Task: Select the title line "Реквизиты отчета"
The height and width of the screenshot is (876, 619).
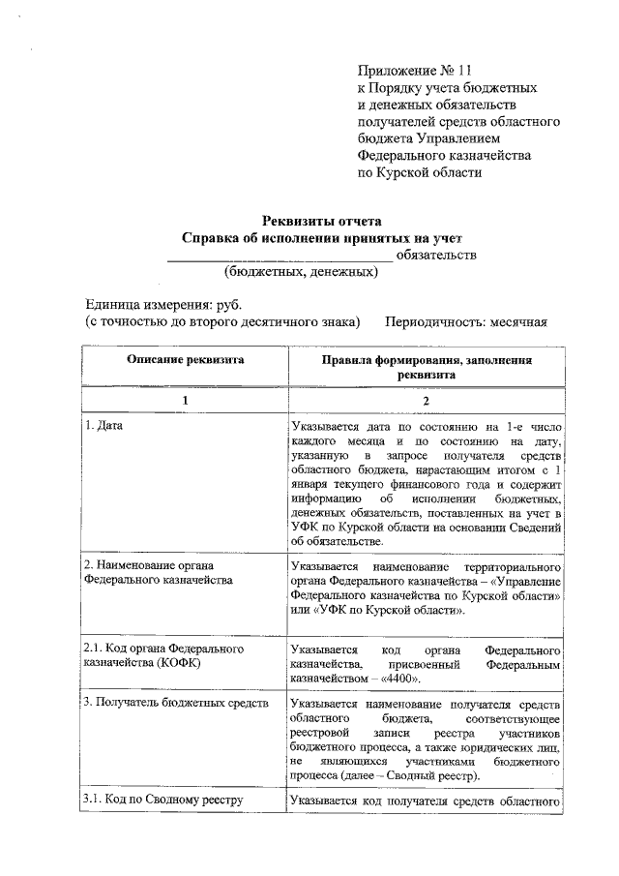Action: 324,220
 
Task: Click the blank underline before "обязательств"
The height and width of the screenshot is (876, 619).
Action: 280,256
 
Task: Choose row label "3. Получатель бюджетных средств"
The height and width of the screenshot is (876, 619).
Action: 175,703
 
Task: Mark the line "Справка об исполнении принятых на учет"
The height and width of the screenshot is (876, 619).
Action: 324,237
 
